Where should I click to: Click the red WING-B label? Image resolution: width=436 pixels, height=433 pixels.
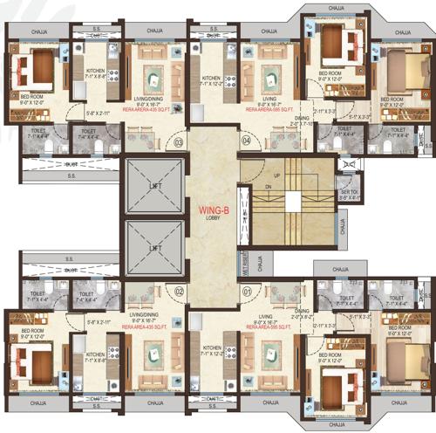pyautogui.click(x=213, y=210)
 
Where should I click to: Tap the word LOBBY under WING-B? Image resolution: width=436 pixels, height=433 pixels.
pyautogui.click(x=213, y=218)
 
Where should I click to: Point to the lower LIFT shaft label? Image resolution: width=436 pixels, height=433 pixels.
pyautogui.click(x=156, y=249)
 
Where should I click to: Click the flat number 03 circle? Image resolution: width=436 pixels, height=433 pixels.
pyautogui.click(x=178, y=141)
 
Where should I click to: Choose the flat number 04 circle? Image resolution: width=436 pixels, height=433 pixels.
pyautogui.click(x=246, y=141)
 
